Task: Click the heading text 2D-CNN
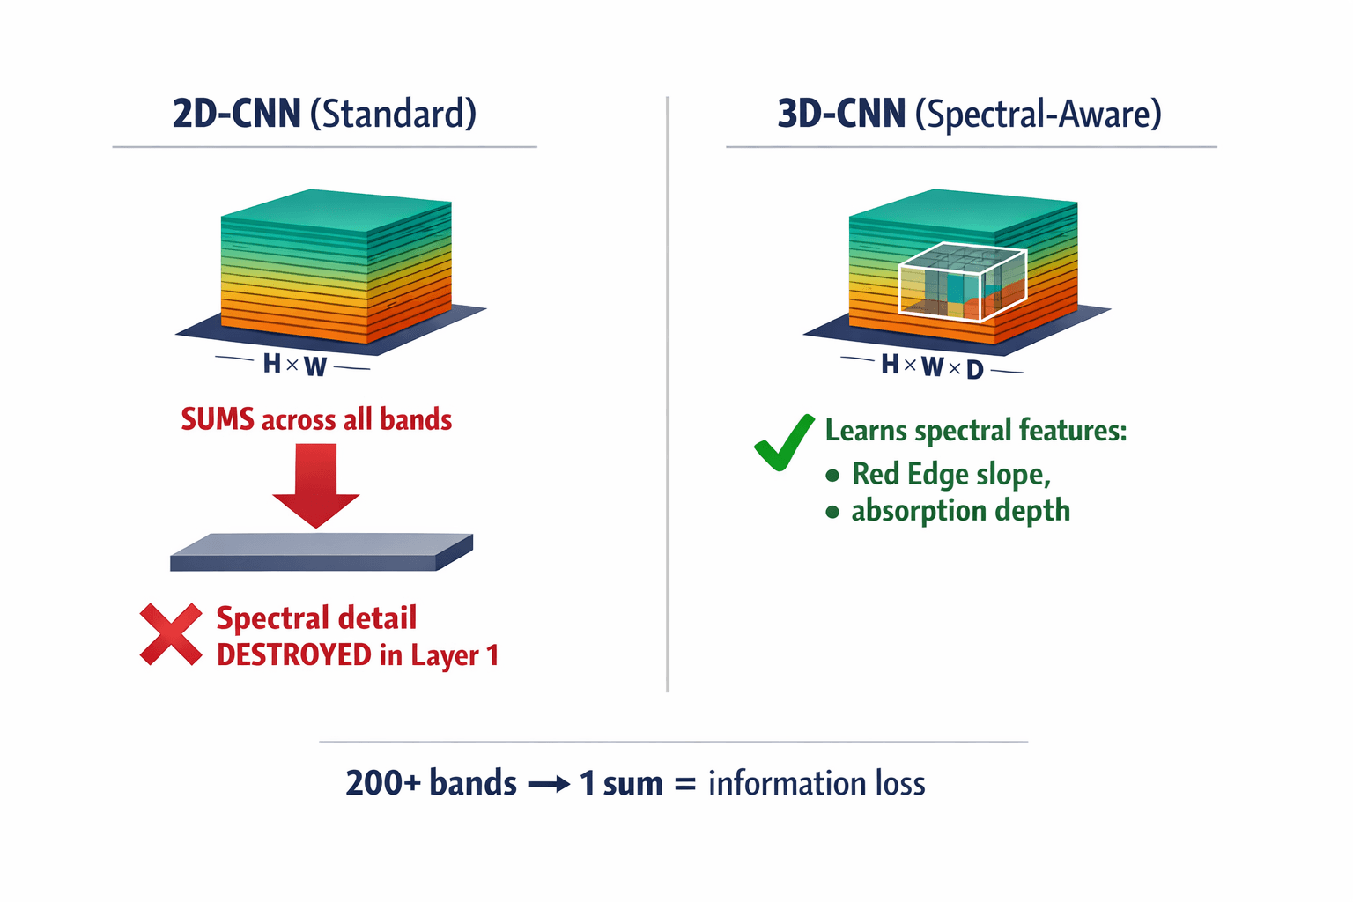(x=236, y=115)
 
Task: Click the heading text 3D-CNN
(x=841, y=115)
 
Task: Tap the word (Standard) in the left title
(x=394, y=115)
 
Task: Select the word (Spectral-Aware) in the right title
(x=1039, y=115)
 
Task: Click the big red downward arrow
(x=316, y=484)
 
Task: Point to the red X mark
(x=170, y=634)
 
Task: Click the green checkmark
(x=783, y=442)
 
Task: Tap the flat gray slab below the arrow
(x=321, y=552)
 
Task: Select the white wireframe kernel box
(x=962, y=281)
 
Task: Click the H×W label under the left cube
(x=294, y=365)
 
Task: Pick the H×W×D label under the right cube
(x=932, y=366)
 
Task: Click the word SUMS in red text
(x=218, y=419)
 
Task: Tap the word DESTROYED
(x=294, y=655)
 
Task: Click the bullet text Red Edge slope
(x=950, y=475)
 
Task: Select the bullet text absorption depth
(x=960, y=511)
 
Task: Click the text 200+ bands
(x=431, y=783)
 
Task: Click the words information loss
(x=817, y=783)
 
